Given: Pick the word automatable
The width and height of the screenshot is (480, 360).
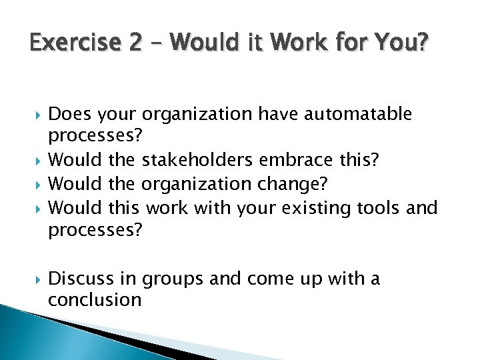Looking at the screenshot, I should pyautogui.click(x=358, y=114).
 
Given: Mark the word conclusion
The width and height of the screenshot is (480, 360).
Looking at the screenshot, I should pyautogui.click(x=95, y=301).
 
